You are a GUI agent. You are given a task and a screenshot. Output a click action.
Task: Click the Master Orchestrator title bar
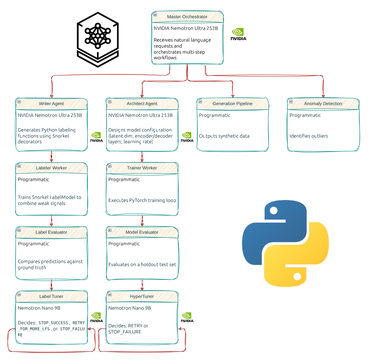click(x=187, y=17)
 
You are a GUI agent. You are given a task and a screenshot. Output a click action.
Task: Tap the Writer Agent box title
click(x=51, y=104)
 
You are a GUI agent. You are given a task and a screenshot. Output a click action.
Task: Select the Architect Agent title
click(x=142, y=104)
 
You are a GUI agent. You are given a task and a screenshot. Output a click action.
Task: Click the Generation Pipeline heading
click(x=232, y=104)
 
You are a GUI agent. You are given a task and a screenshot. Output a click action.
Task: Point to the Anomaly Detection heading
click(x=323, y=104)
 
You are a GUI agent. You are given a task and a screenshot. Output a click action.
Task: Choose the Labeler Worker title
click(x=51, y=168)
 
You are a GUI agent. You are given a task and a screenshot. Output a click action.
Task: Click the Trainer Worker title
click(x=142, y=168)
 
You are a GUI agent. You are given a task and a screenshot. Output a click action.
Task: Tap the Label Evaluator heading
click(x=51, y=232)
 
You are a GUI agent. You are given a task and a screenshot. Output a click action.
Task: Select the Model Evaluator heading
click(x=142, y=232)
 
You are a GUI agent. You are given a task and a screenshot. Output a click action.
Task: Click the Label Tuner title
click(x=51, y=296)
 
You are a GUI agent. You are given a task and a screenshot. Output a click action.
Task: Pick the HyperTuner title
click(x=142, y=296)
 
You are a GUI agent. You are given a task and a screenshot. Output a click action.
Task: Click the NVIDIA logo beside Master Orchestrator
click(x=238, y=35)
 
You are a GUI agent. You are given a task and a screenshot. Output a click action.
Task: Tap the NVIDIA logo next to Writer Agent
click(x=96, y=137)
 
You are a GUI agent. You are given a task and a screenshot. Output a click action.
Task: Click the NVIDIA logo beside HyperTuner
click(x=187, y=318)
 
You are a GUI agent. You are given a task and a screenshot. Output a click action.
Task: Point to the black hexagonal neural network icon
click(x=97, y=39)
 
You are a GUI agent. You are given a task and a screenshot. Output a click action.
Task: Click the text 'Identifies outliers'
click(x=308, y=136)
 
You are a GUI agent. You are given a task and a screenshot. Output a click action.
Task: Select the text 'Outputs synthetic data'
click(x=224, y=136)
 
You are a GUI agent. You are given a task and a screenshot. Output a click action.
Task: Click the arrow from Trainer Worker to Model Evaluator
click(x=142, y=221)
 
